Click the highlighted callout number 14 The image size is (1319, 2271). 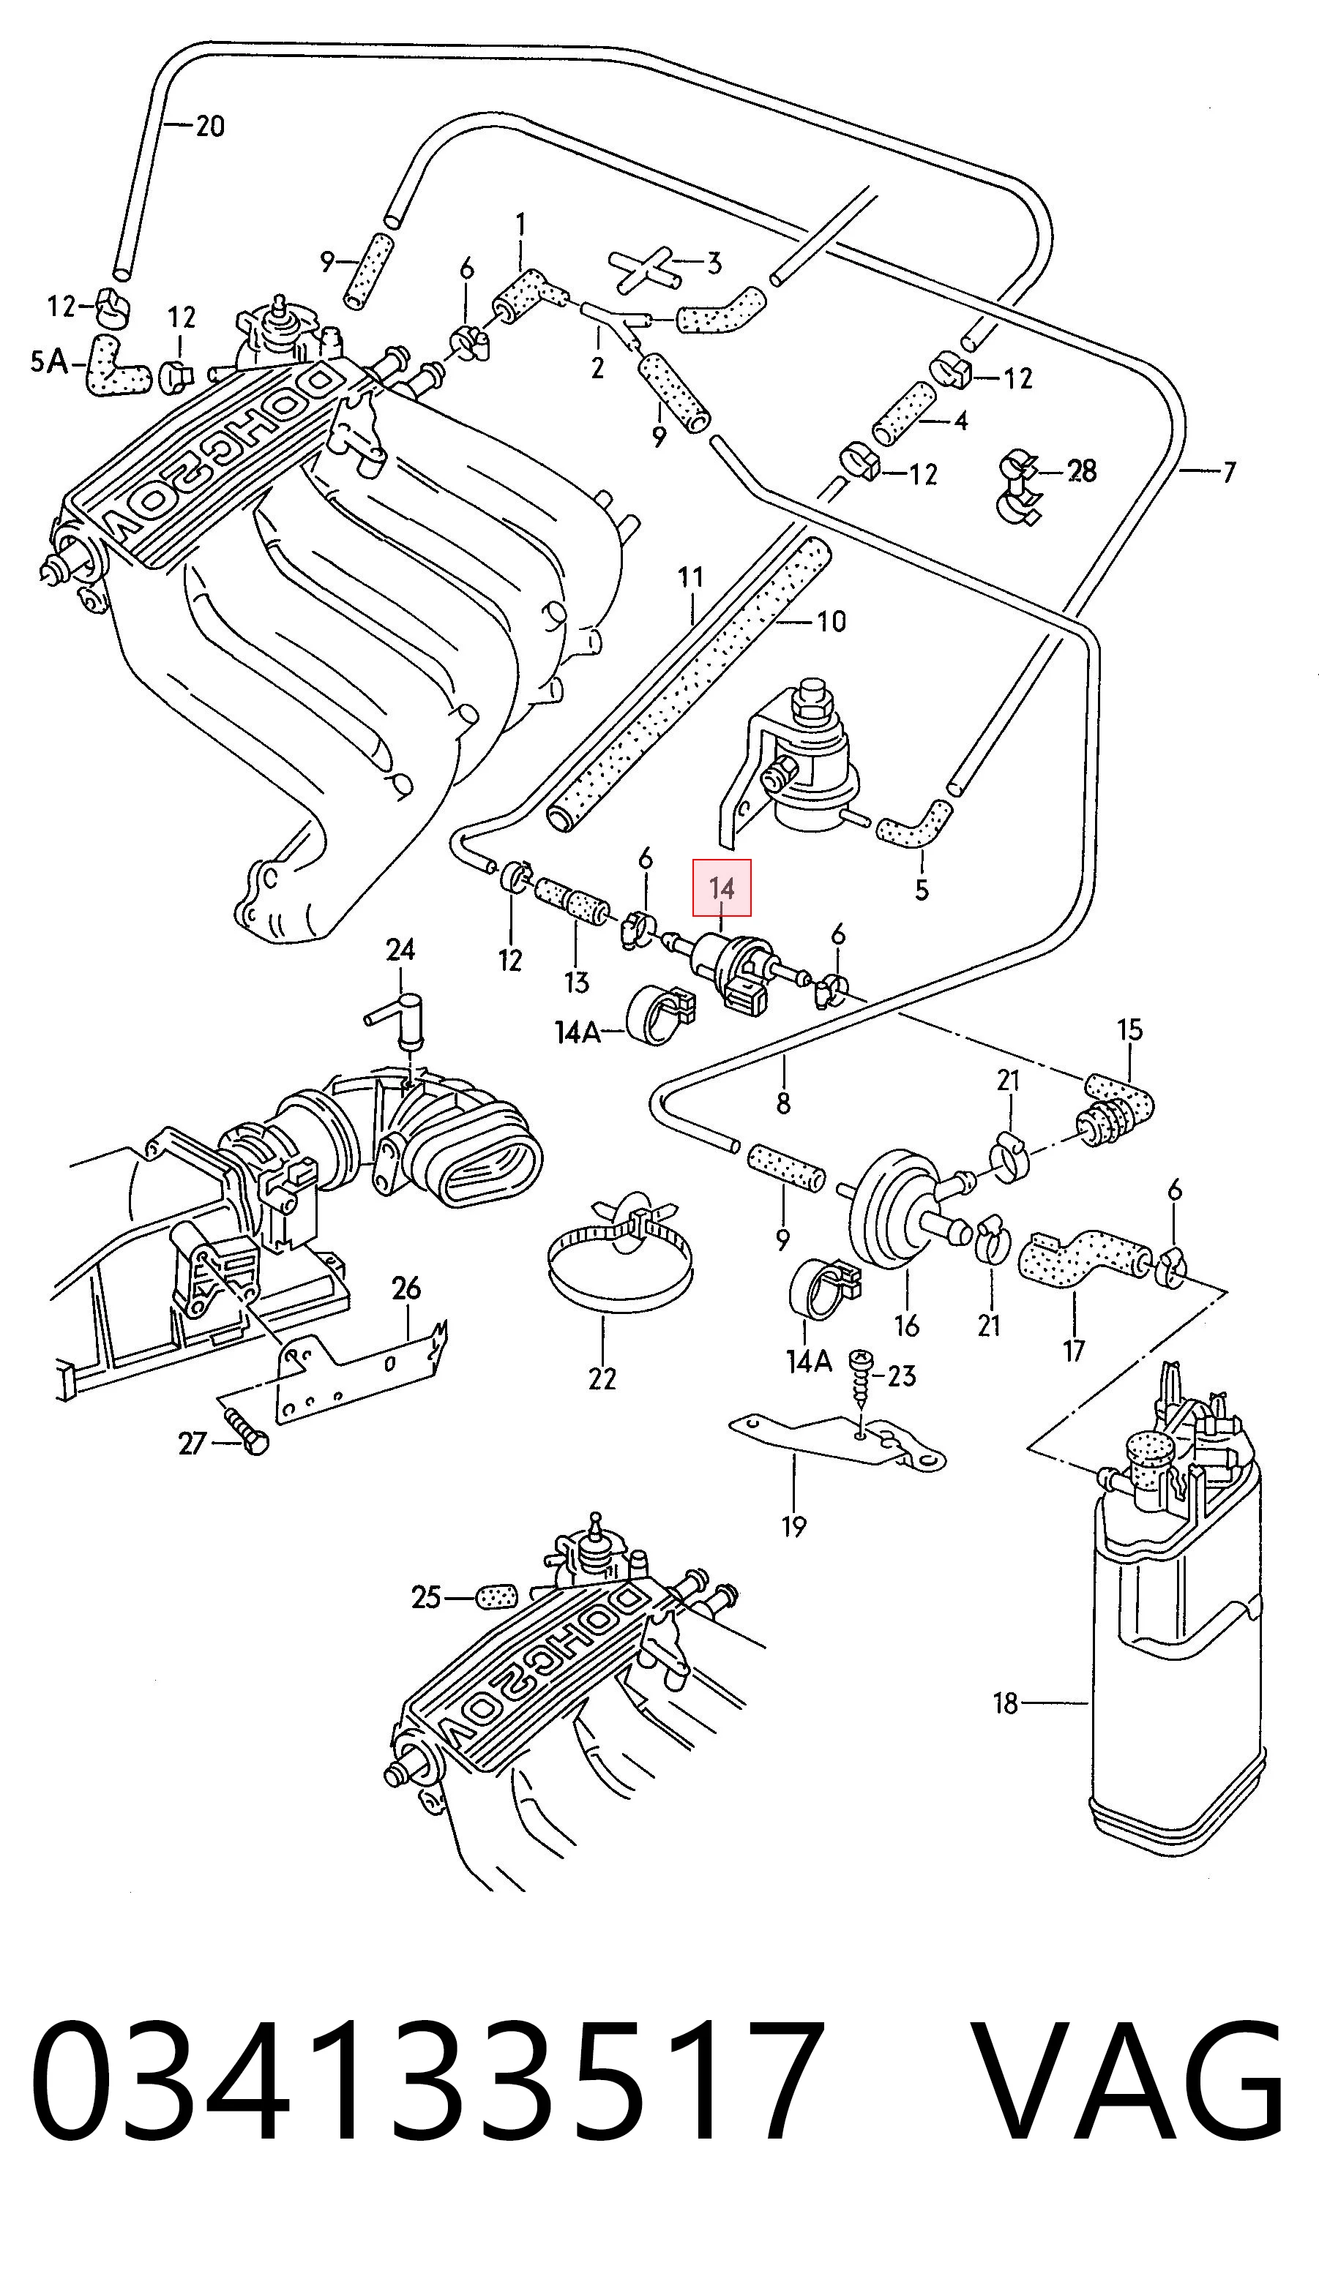point(721,887)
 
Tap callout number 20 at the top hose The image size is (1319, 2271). point(209,125)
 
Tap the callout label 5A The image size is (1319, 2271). point(49,361)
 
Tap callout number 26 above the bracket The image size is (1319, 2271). point(406,1288)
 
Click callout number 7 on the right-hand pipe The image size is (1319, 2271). point(1229,470)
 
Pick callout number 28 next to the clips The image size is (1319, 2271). point(1082,470)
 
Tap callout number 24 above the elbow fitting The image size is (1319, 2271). point(400,949)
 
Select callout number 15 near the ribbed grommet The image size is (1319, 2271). point(1129,1029)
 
